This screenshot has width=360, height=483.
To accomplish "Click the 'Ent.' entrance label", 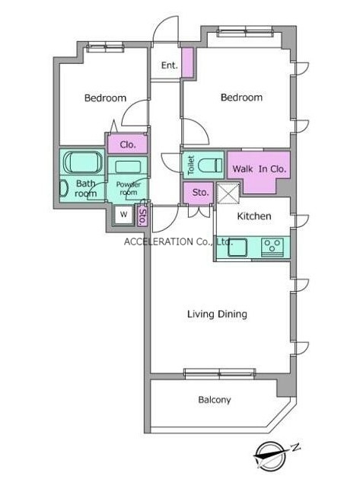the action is coord(170,66).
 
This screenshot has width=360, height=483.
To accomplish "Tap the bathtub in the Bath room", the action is coord(83,162).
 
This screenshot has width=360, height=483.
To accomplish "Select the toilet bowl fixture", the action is coord(210,165).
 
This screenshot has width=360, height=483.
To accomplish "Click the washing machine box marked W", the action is coord(124,215).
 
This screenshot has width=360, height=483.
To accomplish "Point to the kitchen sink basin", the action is coord(237,248).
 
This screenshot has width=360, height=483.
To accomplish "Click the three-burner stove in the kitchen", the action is coord(272,247).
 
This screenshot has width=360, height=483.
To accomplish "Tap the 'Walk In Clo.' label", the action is coord(259,169).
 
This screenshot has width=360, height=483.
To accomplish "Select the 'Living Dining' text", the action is coord(217,314).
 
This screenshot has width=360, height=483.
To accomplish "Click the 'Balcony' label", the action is coord(215,400).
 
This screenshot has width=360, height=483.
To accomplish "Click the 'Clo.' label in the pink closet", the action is coord(128,145).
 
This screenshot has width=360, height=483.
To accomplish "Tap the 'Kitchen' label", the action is coord(254,216).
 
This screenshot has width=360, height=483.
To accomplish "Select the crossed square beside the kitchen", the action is coord(228,194).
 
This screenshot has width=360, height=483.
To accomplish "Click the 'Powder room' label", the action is coord(129,188).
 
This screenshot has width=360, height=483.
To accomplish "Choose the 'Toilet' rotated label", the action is coord(191,165).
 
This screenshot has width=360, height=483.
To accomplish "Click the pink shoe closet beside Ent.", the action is coord(187,62).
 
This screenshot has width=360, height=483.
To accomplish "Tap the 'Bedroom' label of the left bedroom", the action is coord(105,98).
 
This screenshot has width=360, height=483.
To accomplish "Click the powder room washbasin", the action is coord(128,167).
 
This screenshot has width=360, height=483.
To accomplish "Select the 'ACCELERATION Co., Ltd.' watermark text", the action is coord(178,241).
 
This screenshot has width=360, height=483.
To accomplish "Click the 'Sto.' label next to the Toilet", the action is coord(200,193).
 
